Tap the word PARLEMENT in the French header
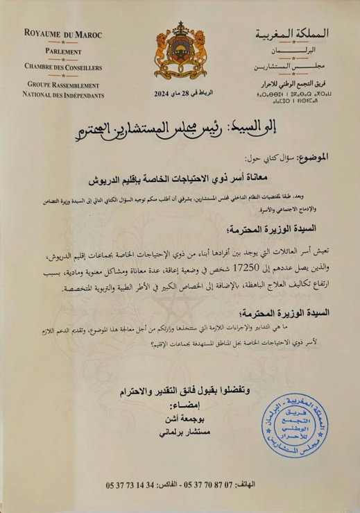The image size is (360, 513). click(63, 52)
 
